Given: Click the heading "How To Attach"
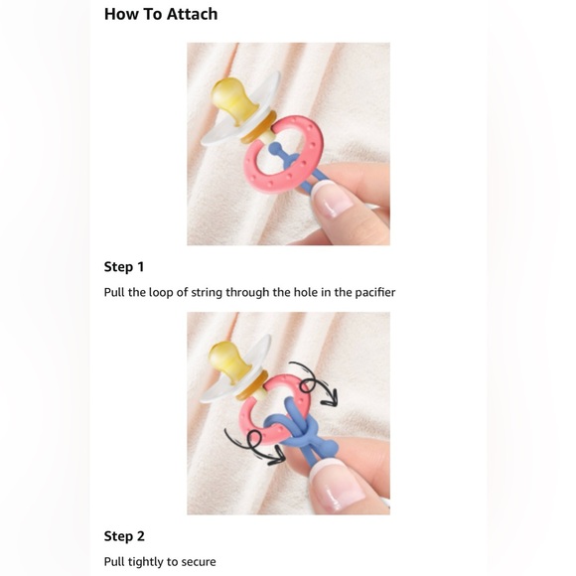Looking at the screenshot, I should (161, 14).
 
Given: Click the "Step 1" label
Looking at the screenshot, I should (124, 266).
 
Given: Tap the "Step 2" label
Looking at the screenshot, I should (124, 535).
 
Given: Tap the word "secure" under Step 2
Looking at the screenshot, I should (198, 561).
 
